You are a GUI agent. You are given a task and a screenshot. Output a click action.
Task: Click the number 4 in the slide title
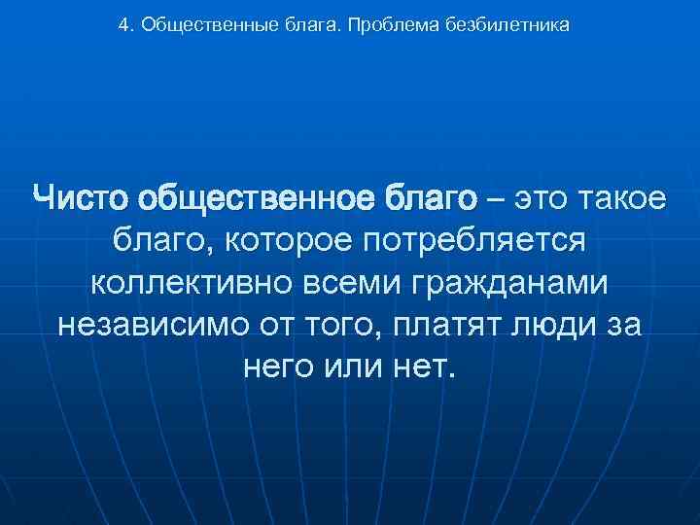point(122,26)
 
